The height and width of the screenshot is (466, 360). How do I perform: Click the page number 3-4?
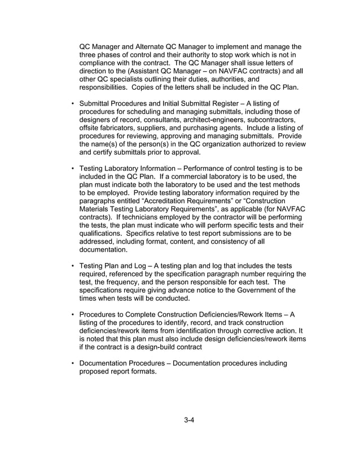[188, 419]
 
